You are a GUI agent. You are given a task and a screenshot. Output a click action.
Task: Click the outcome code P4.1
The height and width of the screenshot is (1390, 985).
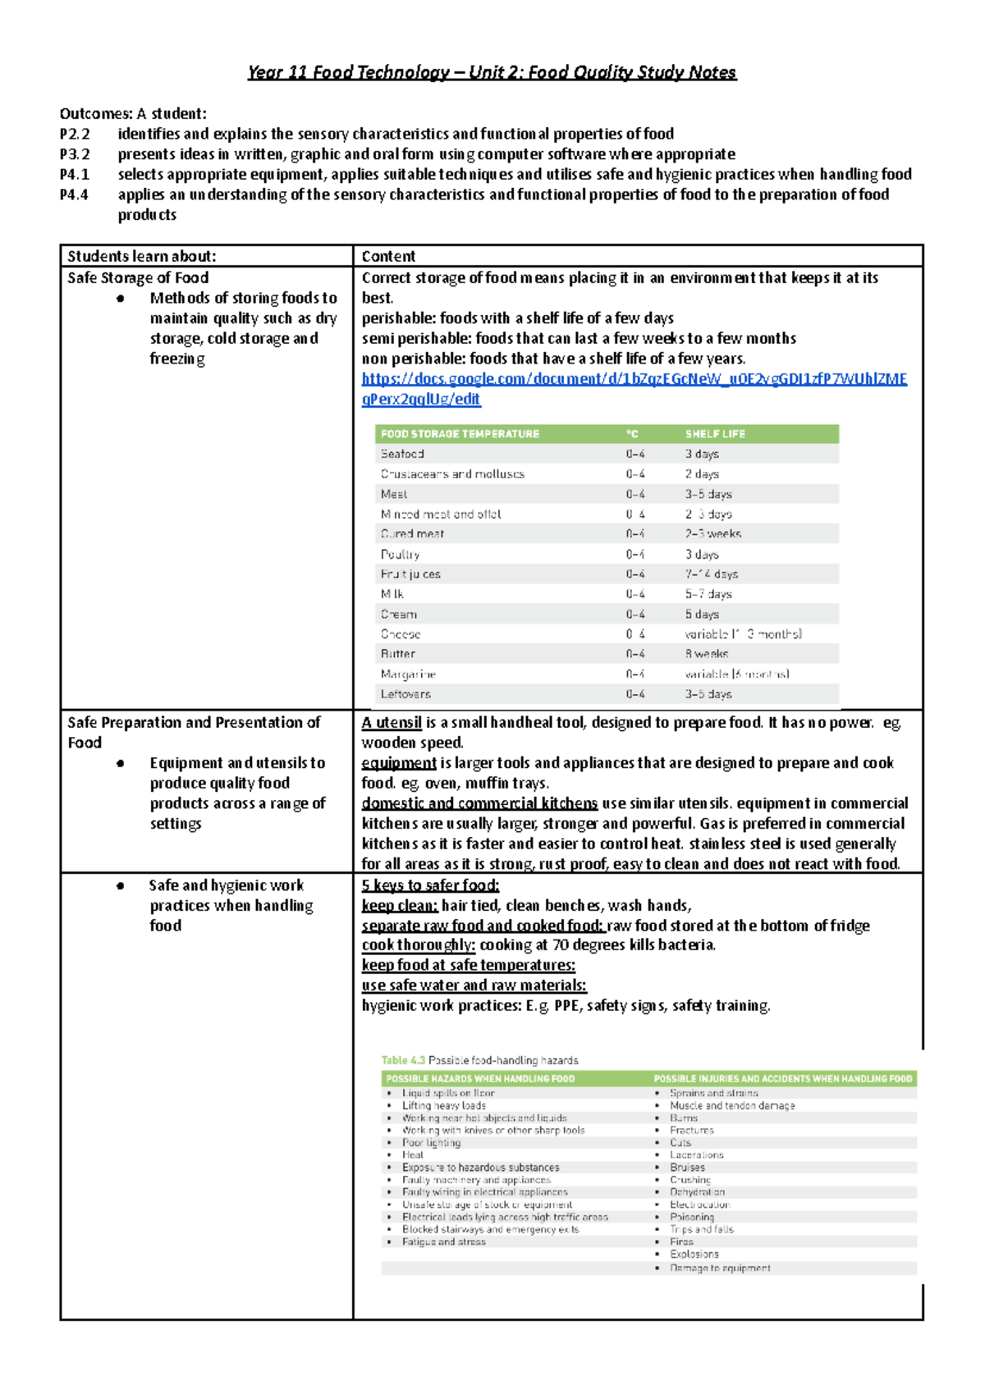click(75, 174)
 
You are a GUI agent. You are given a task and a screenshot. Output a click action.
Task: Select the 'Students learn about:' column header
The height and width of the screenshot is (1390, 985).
click(141, 256)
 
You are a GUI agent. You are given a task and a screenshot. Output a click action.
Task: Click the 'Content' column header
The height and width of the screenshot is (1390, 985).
click(388, 256)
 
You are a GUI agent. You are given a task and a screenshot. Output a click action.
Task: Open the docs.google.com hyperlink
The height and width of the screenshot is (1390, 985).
click(634, 379)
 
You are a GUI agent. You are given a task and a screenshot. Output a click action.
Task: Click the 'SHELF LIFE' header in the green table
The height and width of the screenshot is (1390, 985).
click(715, 434)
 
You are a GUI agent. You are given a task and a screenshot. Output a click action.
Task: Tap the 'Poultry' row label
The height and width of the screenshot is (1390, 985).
click(400, 555)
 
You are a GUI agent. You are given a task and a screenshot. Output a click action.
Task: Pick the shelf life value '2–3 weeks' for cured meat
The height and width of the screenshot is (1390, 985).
click(712, 534)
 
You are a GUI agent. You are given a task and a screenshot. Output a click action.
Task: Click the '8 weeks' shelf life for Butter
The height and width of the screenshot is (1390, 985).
click(706, 654)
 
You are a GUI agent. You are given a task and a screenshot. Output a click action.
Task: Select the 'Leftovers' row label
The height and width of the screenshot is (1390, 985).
click(405, 694)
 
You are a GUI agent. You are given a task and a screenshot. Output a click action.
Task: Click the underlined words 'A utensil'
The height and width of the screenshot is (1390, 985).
click(392, 723)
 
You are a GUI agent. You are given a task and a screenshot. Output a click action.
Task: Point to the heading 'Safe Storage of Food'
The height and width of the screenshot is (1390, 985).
click(138, 277)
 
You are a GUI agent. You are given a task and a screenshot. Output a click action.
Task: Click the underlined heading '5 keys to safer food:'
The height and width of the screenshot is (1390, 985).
click(430, 885)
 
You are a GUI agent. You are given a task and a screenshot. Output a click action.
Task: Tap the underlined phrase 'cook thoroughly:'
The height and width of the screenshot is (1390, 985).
click(419, 945)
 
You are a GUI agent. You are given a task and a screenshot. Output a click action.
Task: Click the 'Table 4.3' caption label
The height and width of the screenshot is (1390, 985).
click(403, 1060)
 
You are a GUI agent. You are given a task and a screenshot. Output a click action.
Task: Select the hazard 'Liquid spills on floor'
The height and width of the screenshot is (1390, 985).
click(448, 1093)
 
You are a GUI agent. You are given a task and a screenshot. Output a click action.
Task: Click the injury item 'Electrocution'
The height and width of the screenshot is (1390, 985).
click(699, 1205)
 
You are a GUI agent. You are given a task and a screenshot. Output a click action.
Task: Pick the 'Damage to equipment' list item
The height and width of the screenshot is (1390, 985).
click(720, 1268)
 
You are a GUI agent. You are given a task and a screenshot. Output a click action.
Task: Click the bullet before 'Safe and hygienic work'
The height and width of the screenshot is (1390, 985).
click(121, 886)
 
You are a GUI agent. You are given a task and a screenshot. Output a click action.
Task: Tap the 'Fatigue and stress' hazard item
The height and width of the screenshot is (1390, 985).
click(443, 1241)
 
